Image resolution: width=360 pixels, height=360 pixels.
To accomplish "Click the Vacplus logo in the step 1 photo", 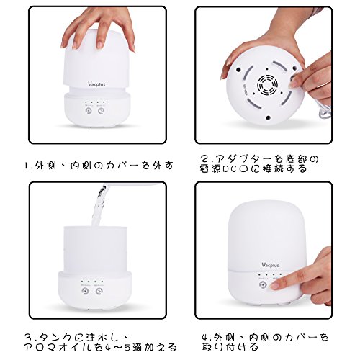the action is [x=96, y=84].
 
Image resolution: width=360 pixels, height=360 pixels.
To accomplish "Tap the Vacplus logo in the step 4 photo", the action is [x=270, y=265].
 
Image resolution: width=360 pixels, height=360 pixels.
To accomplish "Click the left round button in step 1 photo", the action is [x=89, y=111].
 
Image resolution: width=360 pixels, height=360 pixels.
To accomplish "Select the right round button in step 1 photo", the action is [x=101, y=111].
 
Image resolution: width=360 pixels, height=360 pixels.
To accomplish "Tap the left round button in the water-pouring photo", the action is [x=85, y=291].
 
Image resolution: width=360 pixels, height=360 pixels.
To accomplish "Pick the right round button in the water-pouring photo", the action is [x=99, y=291].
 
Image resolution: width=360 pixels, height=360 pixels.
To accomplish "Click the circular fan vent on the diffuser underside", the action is [x=267, y=85].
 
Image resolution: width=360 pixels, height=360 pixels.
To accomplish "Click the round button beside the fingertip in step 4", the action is [x=264, y=285].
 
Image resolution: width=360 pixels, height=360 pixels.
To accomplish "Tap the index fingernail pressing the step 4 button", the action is [x=275, y=286].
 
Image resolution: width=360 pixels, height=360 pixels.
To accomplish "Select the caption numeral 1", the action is [x=27, y=166].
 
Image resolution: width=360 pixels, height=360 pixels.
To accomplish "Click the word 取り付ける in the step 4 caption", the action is [x=230, y=347].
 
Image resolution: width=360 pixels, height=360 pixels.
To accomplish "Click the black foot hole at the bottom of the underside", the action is [x=268, y=117].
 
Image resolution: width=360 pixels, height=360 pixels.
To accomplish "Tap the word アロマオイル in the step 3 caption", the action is [x=60, y=347].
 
